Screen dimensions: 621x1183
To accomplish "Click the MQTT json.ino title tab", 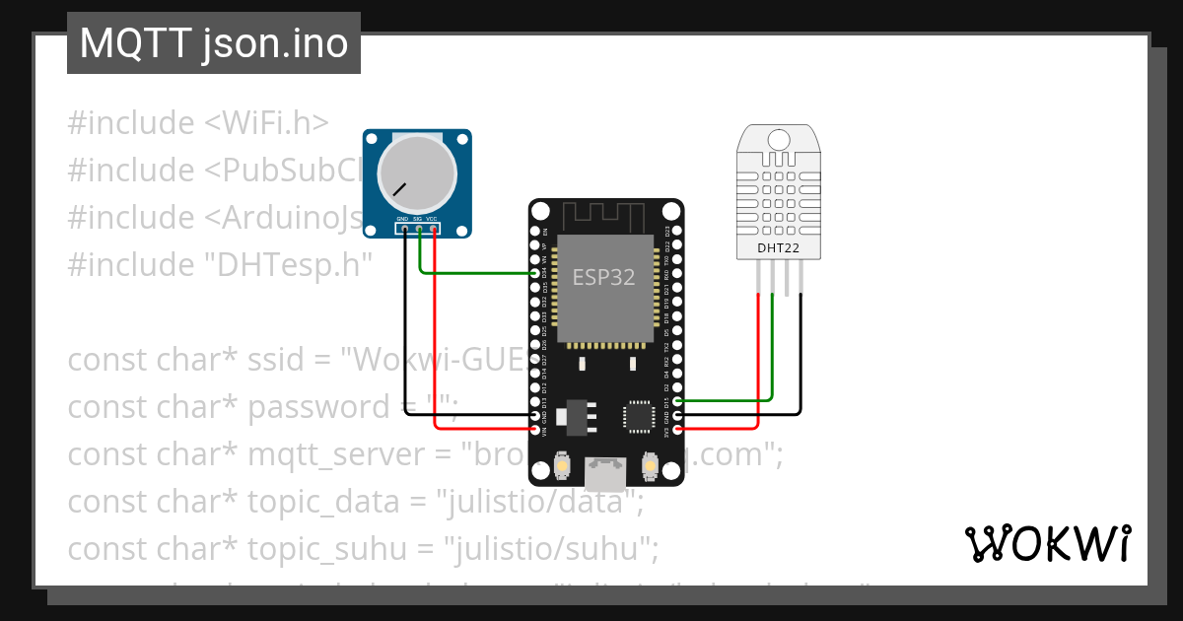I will (x=213, y=43).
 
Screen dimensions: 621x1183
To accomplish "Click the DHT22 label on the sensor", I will (x=779, y=247).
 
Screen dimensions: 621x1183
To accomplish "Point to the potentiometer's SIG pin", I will (x=418, y=229).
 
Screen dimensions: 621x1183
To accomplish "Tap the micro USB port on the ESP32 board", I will (x=605, y=473).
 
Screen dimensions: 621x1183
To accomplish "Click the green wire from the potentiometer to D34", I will (x=473, y=273).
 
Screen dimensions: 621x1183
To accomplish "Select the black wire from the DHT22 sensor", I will (x=800, y=355).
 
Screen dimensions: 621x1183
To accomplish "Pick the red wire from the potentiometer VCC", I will (x=435, y=335).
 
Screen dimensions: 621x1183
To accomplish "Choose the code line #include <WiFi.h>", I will (x=197, y=124).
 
